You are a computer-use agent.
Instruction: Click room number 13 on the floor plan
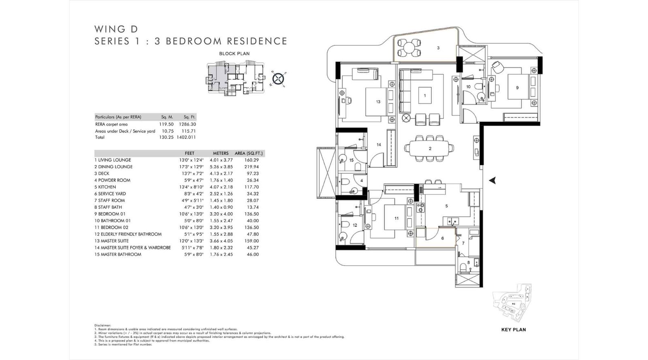coord(378,102)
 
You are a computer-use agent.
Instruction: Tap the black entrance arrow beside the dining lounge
coord(492,181)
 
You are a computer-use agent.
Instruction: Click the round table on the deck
coord(409,47)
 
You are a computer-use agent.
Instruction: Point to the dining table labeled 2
coord(430,149)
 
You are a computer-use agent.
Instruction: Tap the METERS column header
coord(221,153)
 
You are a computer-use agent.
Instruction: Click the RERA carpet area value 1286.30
coord(187,124)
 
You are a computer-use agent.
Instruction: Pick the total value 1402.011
coord(186,137)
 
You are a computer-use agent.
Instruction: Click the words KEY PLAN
coord(514,330)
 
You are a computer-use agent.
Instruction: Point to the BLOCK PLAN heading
coord(234,53)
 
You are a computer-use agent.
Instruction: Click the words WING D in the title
coord(116,29)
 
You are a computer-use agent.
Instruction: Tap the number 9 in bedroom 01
coord(517,87)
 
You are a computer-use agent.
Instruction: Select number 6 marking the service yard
coord(442,239)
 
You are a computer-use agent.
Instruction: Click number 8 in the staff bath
coord(469,262)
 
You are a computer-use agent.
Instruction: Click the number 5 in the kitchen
coord(446,206)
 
